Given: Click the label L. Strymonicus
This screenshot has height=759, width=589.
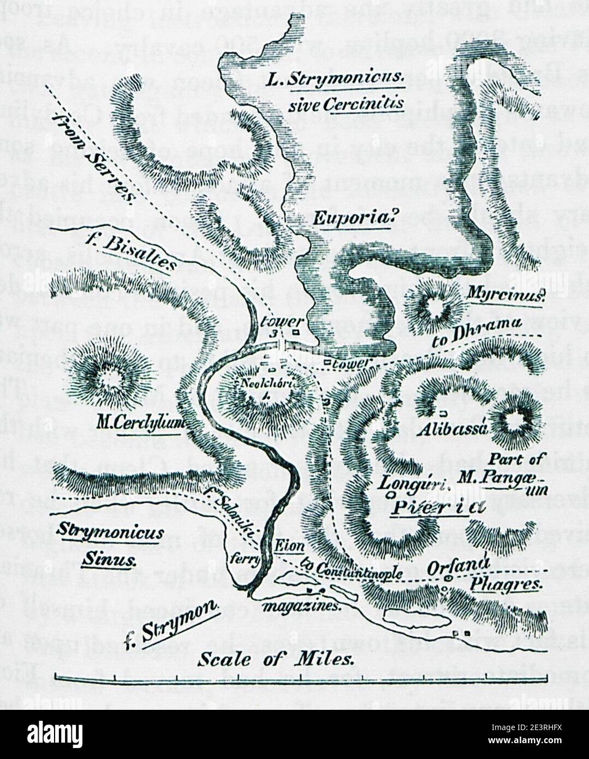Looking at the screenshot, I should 335,80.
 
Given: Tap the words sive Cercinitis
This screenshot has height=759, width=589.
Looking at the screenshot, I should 346,103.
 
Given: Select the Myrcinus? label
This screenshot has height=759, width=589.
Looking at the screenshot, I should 506,296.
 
